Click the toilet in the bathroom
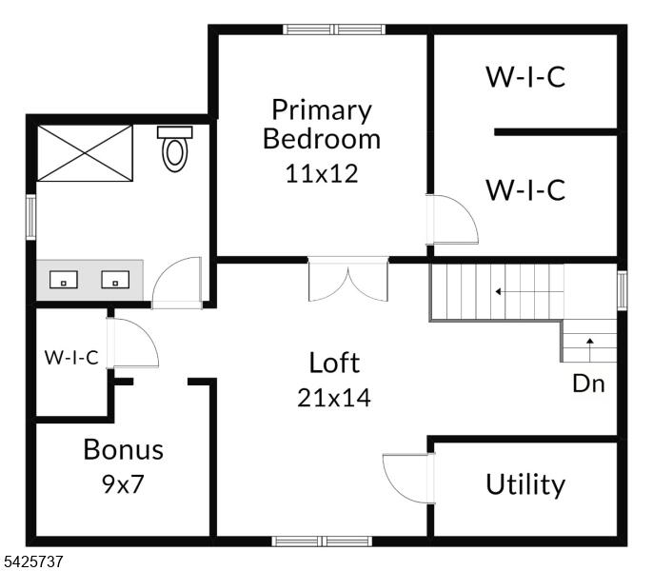click(174, 149)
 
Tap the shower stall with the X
click(85, 153)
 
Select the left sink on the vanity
click(63, 280)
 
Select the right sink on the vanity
click(115, 280)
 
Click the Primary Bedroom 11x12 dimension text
click(322, 173)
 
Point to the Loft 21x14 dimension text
click(333, 398)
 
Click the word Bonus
click(124, 449)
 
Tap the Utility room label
click(525, 484)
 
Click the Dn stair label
click(588, 384)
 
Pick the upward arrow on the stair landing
click(590, 349)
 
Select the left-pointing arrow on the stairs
click(529, 291)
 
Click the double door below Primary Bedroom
click(348, 279)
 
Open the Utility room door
click(409, 479)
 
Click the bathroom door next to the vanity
click(177, 284)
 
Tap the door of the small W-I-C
click(132, 344)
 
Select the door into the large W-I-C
click(452, 219)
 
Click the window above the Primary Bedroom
click(334, 30)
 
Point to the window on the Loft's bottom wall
click(322, 541)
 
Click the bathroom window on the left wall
click(31, 217)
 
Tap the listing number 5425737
click(31, 561)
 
